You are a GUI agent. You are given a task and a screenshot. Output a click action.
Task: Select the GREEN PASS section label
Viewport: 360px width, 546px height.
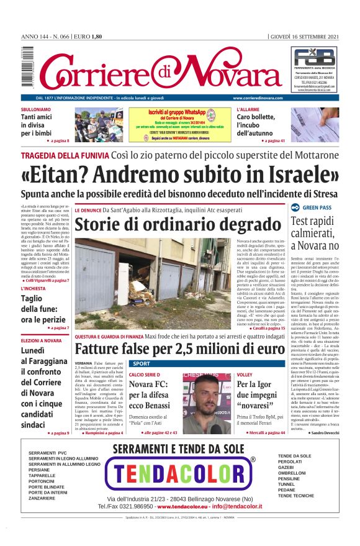click(317, 207)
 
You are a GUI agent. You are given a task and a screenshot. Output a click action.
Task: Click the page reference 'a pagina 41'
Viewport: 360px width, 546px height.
click(273, 141)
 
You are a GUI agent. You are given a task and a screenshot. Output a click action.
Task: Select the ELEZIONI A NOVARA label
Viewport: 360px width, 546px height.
click(42, 341)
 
